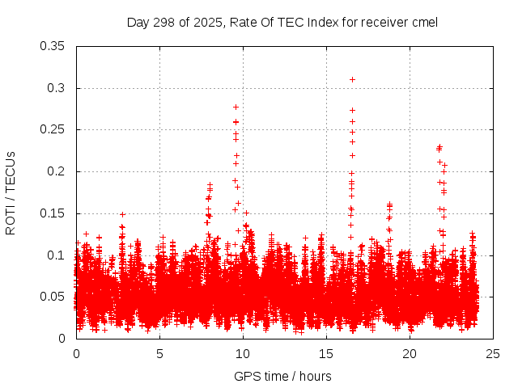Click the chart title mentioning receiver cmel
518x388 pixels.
click(x=282, y=22)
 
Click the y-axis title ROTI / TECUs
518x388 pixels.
click(x=11, y=192)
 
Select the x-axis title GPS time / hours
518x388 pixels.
click(x=282, y=376)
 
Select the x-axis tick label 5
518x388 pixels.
click(x=159, y=353)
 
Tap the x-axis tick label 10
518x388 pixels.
click(x=243, y=353)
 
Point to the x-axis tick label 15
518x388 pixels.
click(x=326, y=353)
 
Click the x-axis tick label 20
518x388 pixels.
click(x=410, y=353)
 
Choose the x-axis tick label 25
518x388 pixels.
click(x=493, y=353)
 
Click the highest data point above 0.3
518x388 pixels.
click(x=352, y=79)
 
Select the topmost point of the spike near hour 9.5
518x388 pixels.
click(x=236, y=107)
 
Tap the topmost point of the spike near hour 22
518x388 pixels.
click(x=439, y=146)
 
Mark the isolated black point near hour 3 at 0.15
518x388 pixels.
click(x=122, y=214)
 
